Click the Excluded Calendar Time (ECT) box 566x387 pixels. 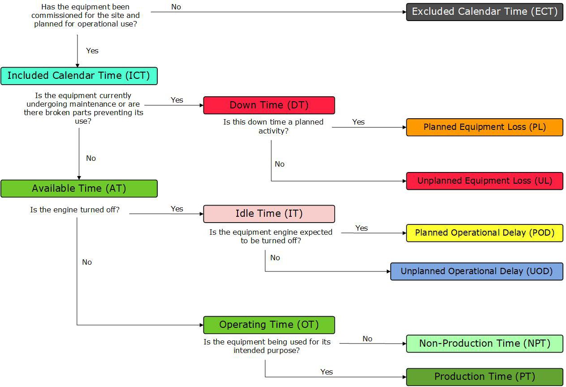pyautogui.click(x=484, y=12)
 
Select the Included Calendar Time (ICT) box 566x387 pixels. pyautogui.click(x=79, y=76)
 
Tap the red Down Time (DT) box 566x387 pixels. pyautogui.click(x=269, y=105)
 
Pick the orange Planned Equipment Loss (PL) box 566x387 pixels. pyautogui.click(x=484, y=127)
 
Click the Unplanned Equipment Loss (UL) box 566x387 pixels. pyautogui.click(x=484, y=181)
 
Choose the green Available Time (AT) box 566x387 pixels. pyautogui.click(x=79, y=189)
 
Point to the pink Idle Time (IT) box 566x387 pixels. pyautogui.click(x=269, y=214)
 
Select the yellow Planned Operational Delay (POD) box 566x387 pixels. pyautogui.click(x=484, y=233)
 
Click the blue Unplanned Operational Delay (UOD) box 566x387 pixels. pyautogui.click(x=476, y=271)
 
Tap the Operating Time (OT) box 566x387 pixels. pyautogui.click(x=269, y=325)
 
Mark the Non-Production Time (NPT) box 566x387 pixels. pyautogui.click(x=484, y=344)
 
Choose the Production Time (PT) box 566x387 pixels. pyautogui.click(x=484, y=377)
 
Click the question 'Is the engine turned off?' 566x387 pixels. pyautogui.click(x=75, y=210)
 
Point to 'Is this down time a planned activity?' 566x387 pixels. pyautogui.click(x=273, y=126)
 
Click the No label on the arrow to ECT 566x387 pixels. pyautogui.click(x=176, y=7)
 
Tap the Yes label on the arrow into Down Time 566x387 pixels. pyautogui.click(x=177, y=100)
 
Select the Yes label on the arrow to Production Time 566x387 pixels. pyautogui.click(x=327, y=372)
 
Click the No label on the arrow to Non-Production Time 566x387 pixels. pyautogui.click(x=367, y=339)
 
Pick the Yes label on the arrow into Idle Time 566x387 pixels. pyautogui.click(x=177, y=209)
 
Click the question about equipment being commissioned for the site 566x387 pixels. pyautogui.click(x=86, y=16)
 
